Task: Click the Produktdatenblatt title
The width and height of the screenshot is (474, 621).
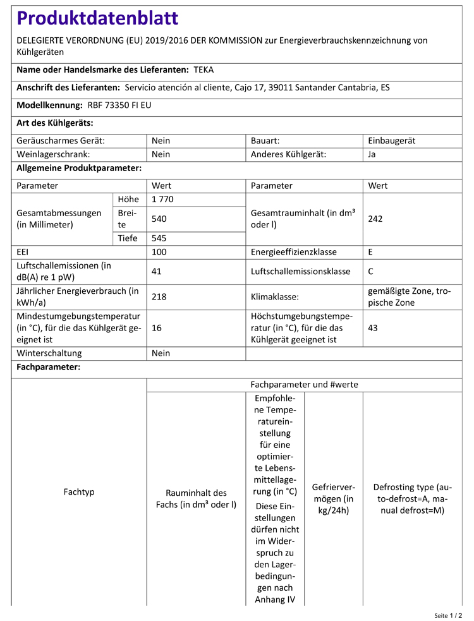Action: point(97,18)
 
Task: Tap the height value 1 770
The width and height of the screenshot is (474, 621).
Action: point(162,200)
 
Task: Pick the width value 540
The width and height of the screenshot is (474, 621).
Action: point(159,219)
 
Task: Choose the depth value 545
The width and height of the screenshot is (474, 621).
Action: point(159,238)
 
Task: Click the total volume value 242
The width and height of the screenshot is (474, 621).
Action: point(375,219)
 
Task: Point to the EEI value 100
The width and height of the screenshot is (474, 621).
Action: point(159,252)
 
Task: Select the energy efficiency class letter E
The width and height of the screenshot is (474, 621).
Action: point(370,252)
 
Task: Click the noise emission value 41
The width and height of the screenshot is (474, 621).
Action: point(157,272)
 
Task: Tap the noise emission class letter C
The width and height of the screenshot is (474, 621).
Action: point(371,272)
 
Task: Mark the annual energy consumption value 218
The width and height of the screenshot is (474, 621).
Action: point(159,296)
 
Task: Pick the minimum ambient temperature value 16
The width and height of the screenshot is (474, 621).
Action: point(157,328)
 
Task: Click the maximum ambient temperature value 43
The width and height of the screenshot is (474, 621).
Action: point(373,328)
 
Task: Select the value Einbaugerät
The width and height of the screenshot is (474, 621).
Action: point(391,141)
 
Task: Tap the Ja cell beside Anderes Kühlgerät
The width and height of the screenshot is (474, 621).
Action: point(372,154)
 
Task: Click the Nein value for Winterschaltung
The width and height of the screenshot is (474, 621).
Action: point(161,353)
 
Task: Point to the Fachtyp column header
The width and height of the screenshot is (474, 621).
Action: point(79,491)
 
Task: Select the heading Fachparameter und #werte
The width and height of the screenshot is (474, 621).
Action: point(304,384)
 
